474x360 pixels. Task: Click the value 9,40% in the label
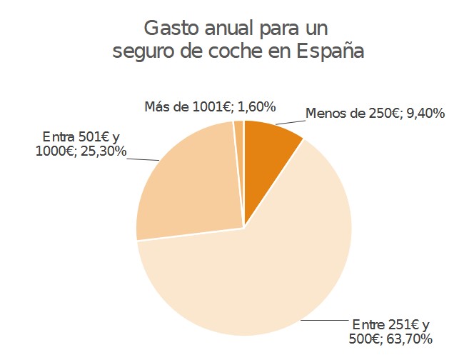(x=426, y=113)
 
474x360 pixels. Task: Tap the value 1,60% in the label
(x=256, y=106)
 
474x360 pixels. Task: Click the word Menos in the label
(x=325, y=113)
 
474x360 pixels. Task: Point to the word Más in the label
(x=156, y=106)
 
